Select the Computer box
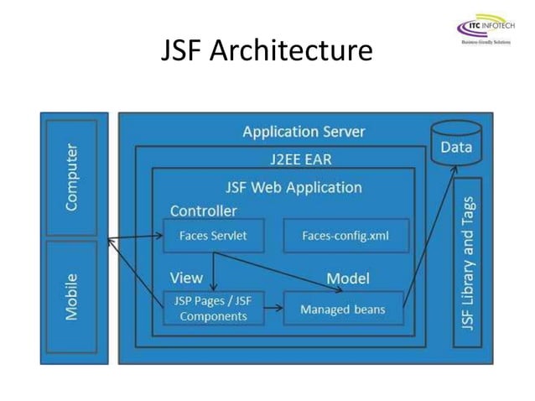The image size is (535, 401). [72, 177]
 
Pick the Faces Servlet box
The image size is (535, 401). [213, 236]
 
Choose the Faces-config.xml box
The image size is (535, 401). [345, 236]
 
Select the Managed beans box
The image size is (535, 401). [343, 309]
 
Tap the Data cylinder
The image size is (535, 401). [456, 144]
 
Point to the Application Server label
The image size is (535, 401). [304, 132]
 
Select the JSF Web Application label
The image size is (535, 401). [293, 187]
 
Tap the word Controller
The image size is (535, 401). [203, 211]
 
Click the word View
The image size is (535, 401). [186, 278]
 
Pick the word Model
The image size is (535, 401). [347, 278]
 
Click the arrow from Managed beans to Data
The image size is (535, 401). [431, 235]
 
